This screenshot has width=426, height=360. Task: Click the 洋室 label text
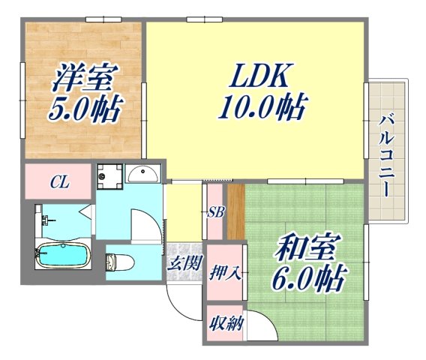[84, 77]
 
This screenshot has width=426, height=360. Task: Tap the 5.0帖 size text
[84, 110]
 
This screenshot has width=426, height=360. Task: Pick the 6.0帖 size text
[308, 280]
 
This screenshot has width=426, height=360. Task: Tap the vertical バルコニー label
[386, 154]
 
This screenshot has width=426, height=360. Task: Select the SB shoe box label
[216, 212]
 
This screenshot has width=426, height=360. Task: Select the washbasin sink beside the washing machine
[142, 175]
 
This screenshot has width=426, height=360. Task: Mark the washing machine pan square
[110, 175]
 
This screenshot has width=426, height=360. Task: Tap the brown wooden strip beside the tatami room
[235, 212]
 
